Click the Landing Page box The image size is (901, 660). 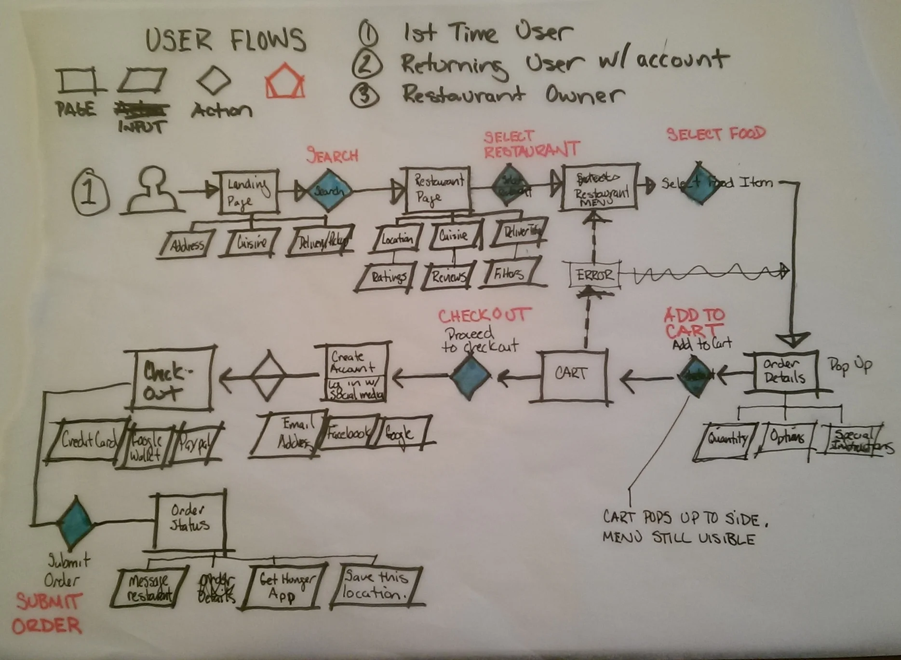click(248, 192)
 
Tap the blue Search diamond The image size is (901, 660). click(328, 191)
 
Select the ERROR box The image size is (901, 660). click(593, 275)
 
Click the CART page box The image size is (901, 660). click(572, 375)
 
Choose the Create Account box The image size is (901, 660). click(355, 371)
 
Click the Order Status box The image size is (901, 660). click(190, 521)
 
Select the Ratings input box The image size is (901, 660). click(387, 277)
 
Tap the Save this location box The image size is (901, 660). click(376, 585)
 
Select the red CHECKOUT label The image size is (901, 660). click(483, 316)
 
